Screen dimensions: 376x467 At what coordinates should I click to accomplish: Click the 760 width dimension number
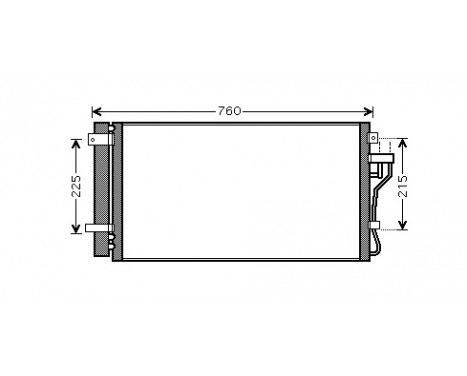[x=230, y=111]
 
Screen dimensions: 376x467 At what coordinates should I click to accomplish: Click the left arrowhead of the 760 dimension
[x=96, y=111]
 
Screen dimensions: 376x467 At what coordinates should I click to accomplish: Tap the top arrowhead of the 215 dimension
[x=401, y=140]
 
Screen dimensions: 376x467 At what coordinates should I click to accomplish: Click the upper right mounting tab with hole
[x=370, y=138]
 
